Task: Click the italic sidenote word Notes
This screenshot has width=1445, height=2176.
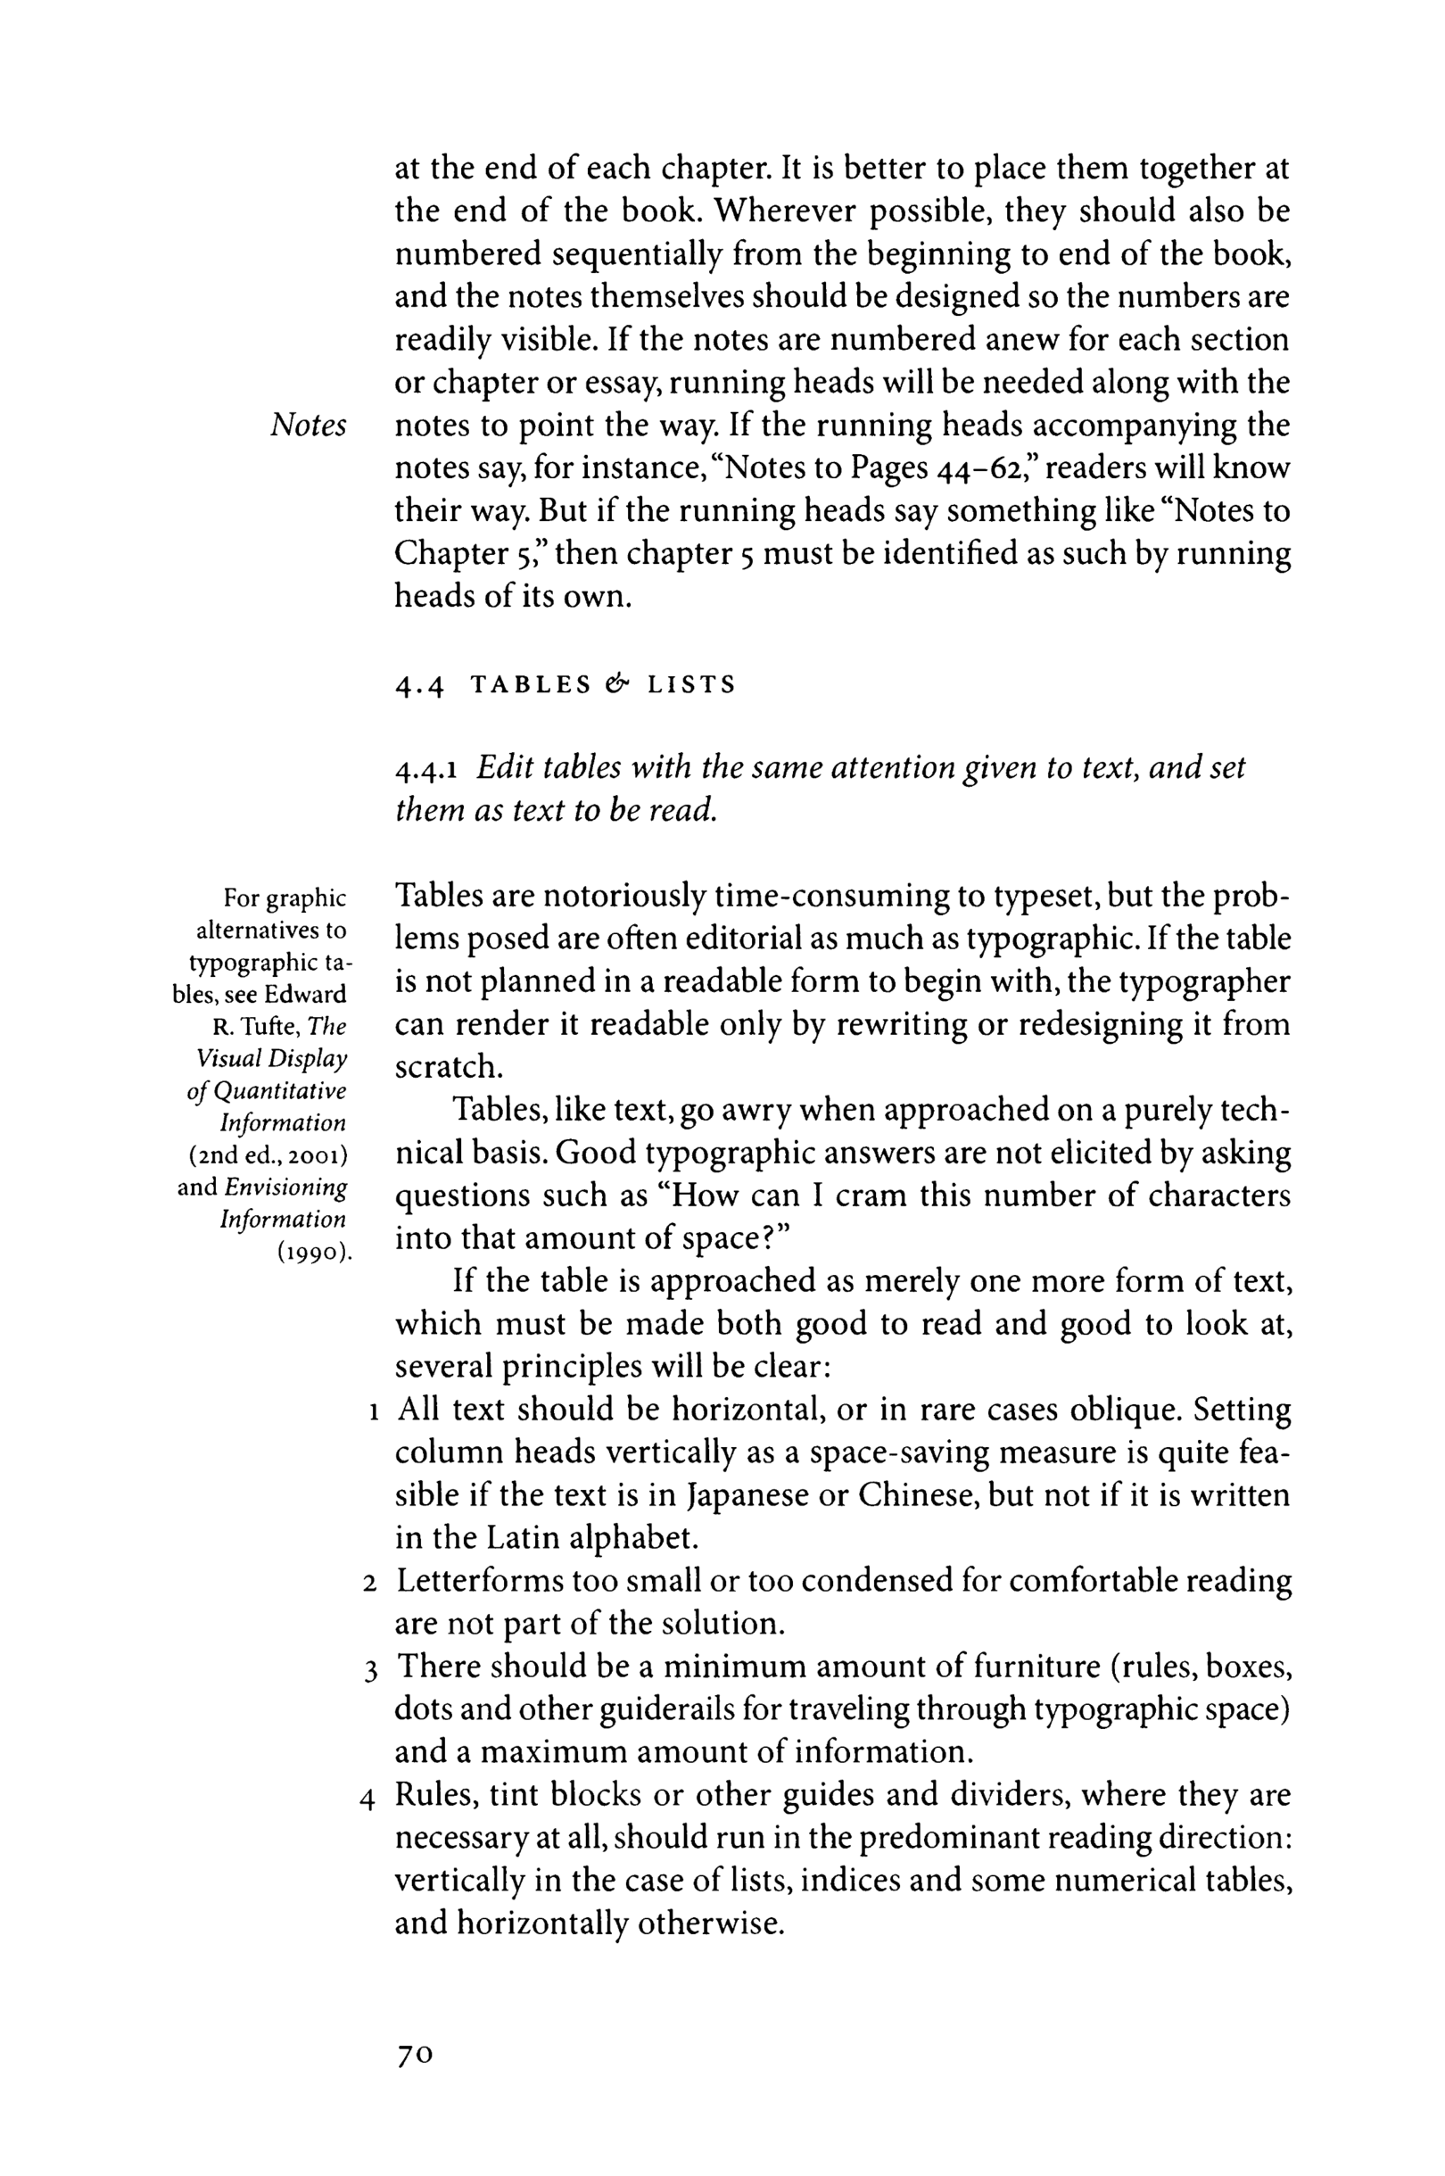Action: pyautogui.click(x=309, y=426)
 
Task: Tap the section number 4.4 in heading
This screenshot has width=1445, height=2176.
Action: pyautogui.click(x=420, y=686)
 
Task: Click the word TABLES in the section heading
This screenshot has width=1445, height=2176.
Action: pyautogui.click(x=531, y=685)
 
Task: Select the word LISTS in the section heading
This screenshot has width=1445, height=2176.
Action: pyautogui.click(x=691, y=685)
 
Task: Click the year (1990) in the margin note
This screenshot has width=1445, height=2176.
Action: pyautogui.click(x=315, y=1253)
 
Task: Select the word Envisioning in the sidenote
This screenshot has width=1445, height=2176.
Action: pyautogui.click(x=285, y=1187)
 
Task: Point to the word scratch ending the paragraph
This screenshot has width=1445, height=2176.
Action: pyautogui.click(x=449, y=1067)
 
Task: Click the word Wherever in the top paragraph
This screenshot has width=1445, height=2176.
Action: pyautogui.click(x=786, y=211)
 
